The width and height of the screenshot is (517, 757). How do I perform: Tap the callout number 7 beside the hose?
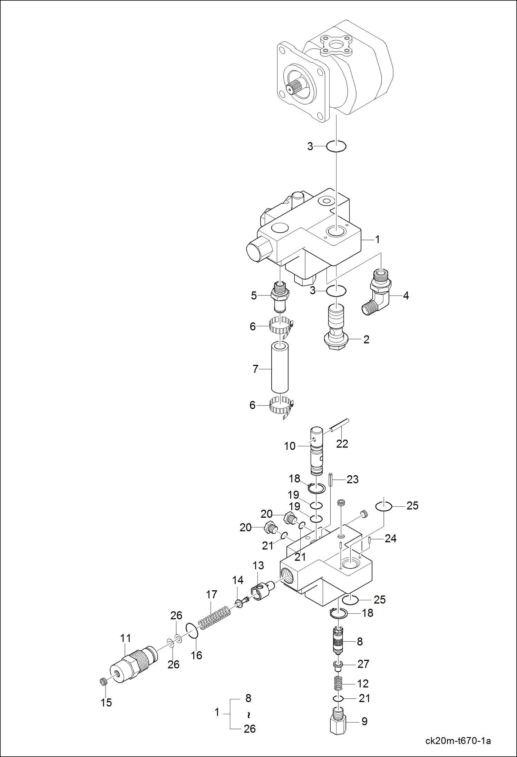(255, 369)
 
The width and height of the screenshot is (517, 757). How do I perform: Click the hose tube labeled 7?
(280, 368)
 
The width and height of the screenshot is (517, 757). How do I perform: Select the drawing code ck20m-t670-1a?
(458, 740)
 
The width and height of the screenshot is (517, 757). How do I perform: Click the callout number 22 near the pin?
(342, 444)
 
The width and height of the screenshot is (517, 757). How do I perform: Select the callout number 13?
(258, 565)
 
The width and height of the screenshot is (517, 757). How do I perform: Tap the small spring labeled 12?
(339, 683)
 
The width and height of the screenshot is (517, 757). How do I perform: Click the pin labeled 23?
(330, 479)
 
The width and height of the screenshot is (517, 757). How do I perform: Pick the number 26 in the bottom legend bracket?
(250, 729)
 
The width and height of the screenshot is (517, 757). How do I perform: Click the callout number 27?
(363, 664)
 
